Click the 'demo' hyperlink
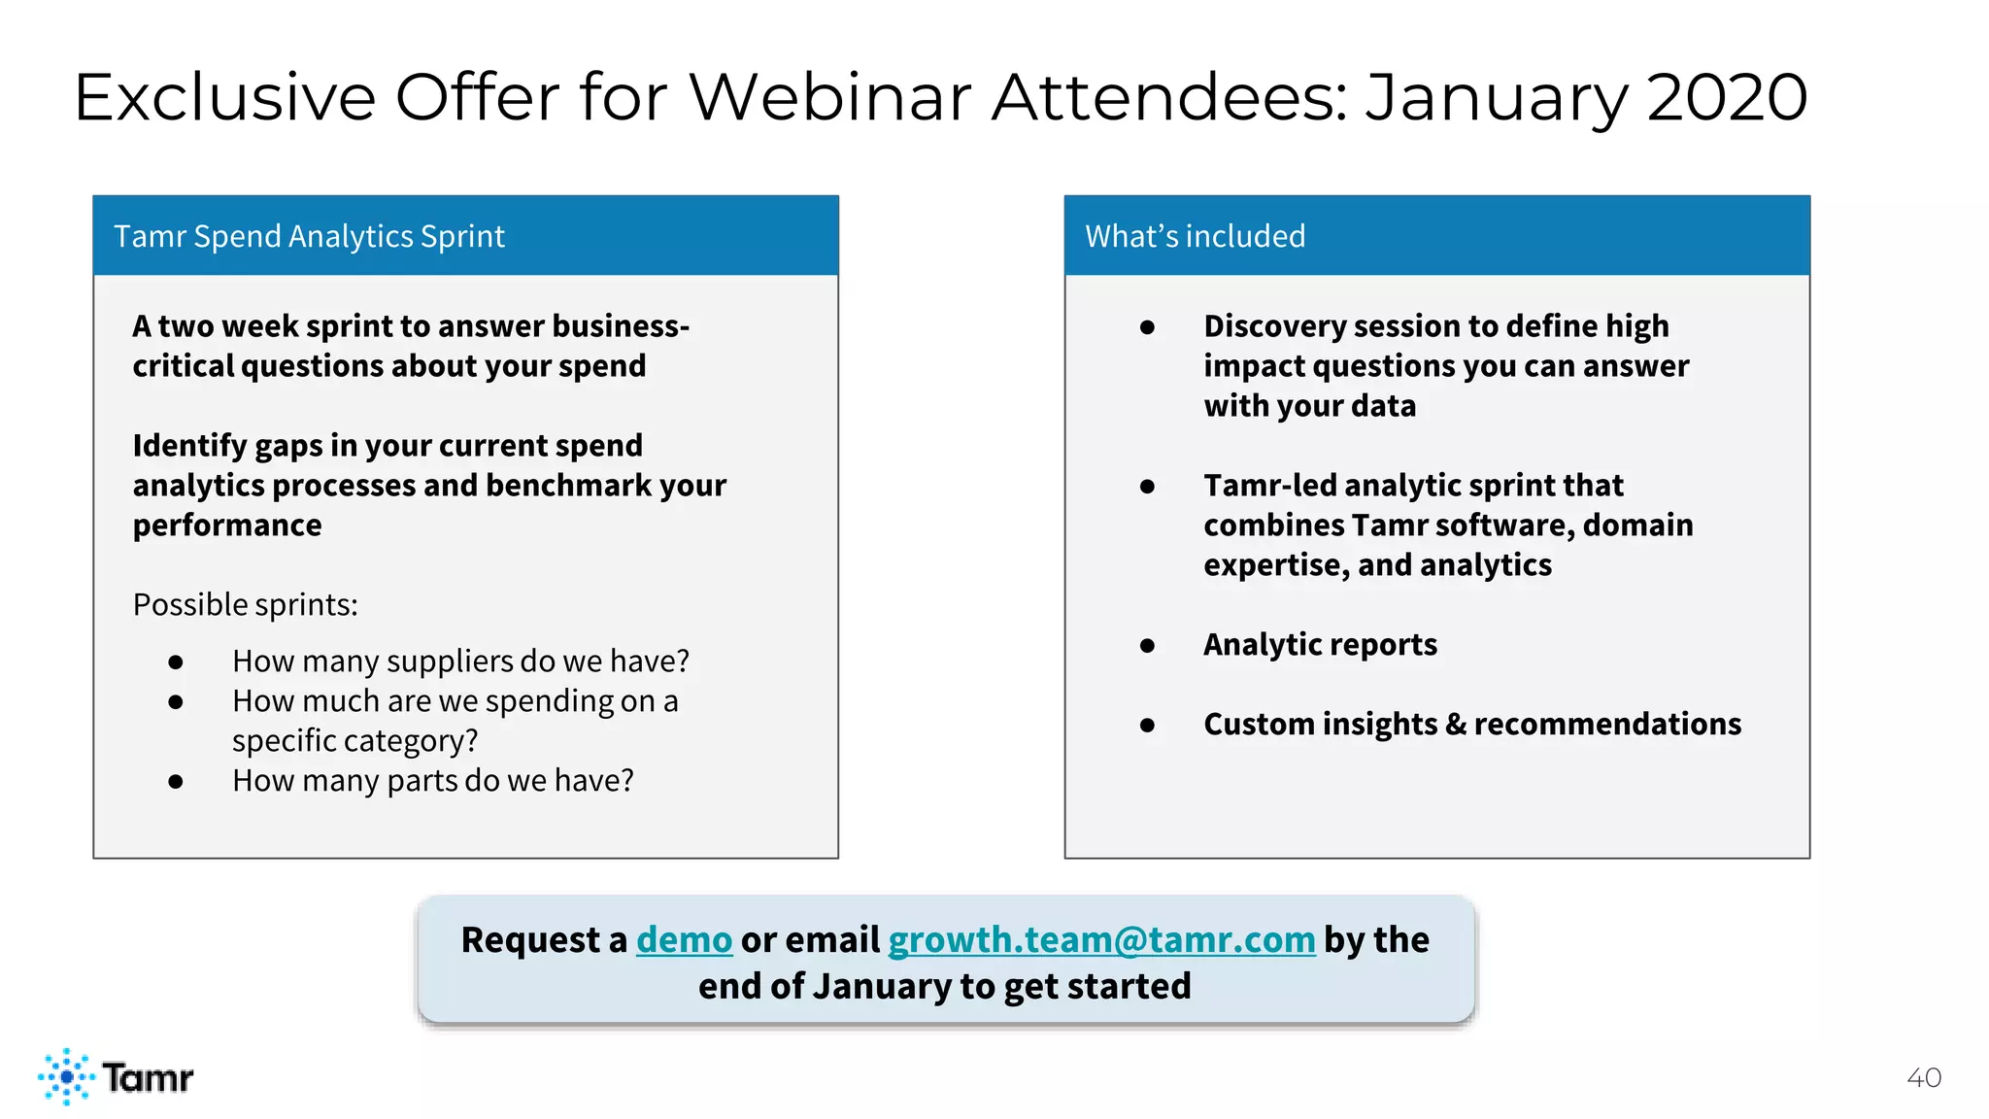pyautogui.click(x=684, y=940)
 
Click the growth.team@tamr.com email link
pyautogui.click(x=1101, y=940)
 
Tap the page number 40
pyautogui.click(x=1923, y=1077)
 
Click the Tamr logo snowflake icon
pyautogui.click(x=66, y=1076)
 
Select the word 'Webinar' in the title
pyautogui.click(x=830, y=97)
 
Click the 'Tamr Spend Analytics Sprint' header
pyautogui.click(x=309, y=236)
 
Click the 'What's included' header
pyautogui.click(x=1195, y=236)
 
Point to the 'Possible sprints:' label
pyautogui.click(x=245, y=604)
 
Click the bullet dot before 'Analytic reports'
pyautogui.click(x=1147, y=645)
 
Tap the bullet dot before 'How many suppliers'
pyautogui.click(x=176, y=662)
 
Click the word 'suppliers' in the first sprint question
pyautogui.click(x=450, y=661)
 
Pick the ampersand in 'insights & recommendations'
pyautogui.click(x=1455, y=725)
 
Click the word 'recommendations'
pyautogui.click(x=1607, y=725)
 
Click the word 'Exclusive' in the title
pyautogui.click(x=224, y=97)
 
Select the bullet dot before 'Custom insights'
pyautogui.click(x=1147, y=725)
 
